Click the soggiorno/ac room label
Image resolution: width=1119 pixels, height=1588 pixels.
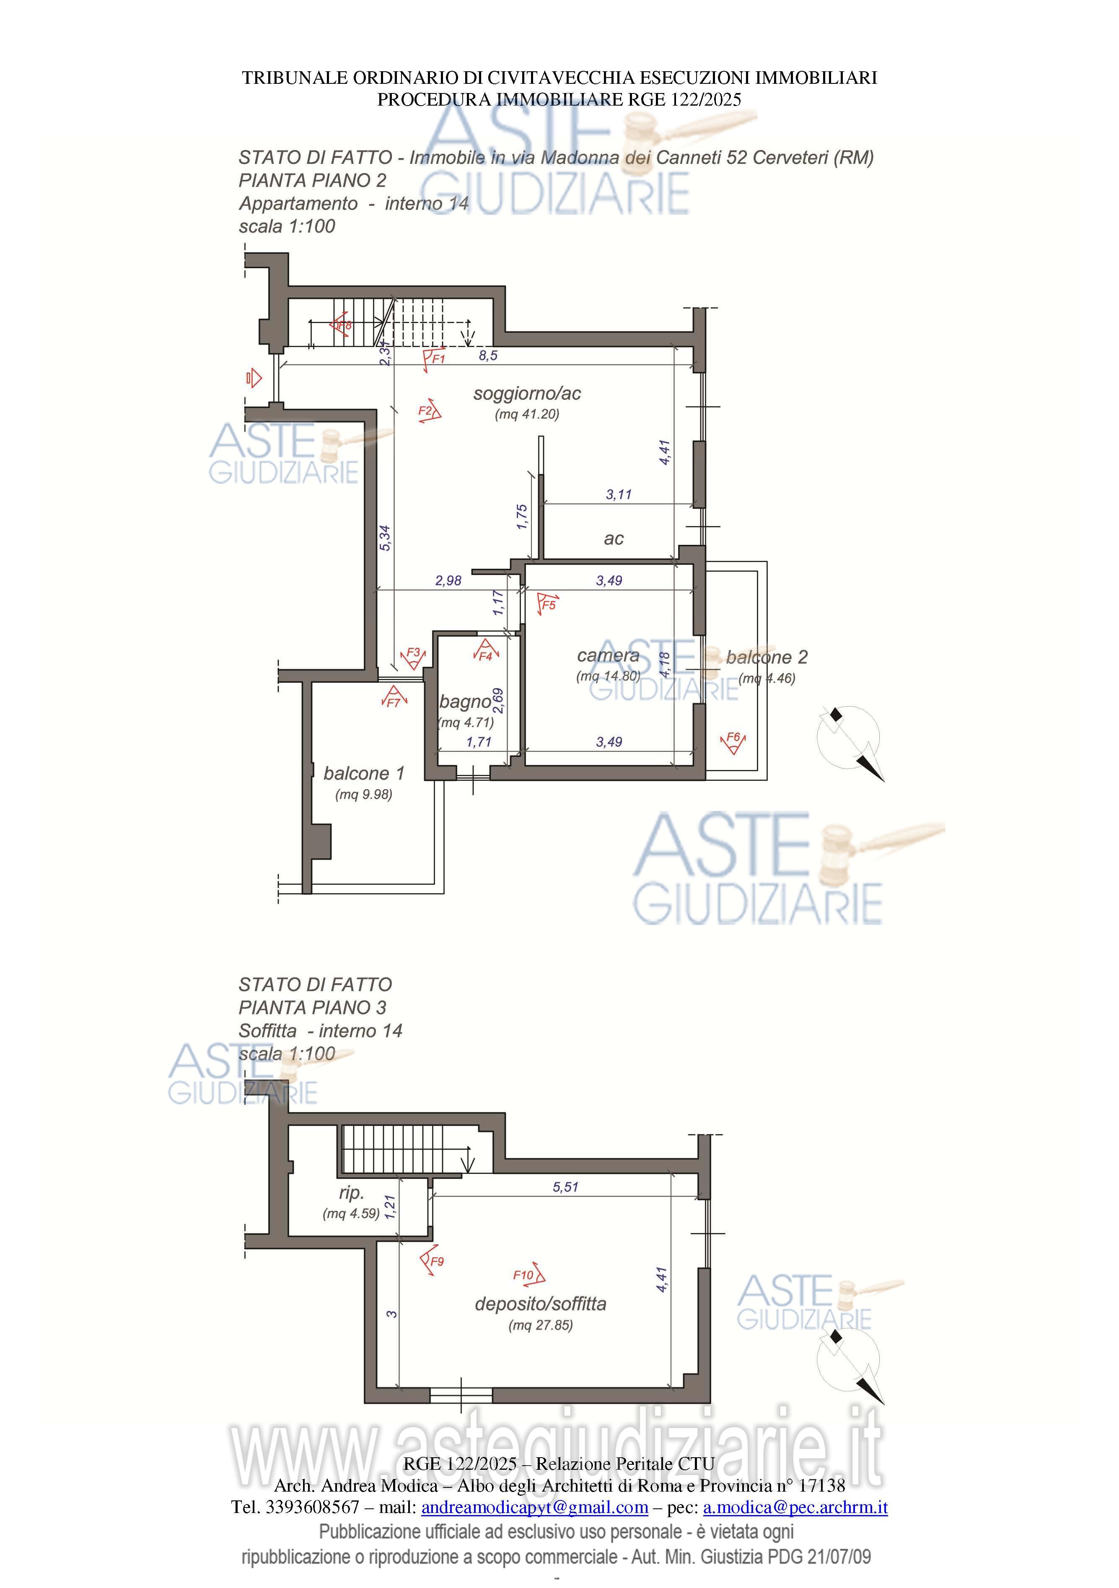527,394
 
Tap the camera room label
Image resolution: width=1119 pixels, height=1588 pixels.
608,655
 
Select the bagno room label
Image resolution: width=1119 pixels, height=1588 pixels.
466,702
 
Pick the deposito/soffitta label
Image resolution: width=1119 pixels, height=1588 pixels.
540,1304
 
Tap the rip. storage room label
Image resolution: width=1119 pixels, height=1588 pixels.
351,1193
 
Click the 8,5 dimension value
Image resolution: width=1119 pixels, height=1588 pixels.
488,355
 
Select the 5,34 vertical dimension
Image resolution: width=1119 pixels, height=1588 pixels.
385,538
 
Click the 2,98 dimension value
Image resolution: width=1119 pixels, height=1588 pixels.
448,580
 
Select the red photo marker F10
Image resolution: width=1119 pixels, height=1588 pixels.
529,1275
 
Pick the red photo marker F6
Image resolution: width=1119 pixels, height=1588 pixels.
733,742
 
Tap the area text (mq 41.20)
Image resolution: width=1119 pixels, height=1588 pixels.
527,414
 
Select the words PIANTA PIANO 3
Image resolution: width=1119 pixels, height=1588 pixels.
313,1008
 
